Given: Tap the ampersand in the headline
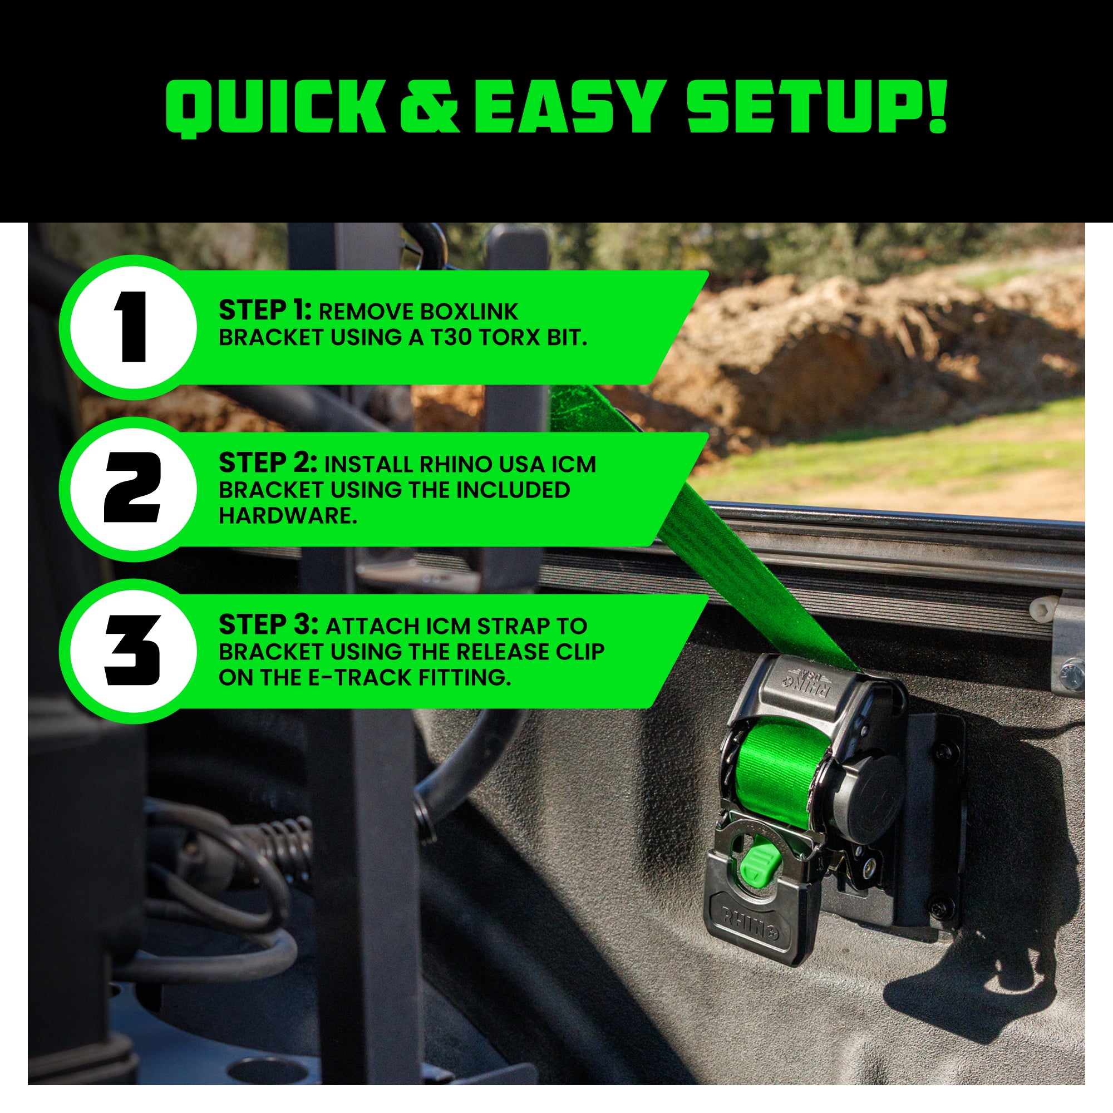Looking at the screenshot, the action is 429,107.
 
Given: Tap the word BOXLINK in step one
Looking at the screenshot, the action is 469,312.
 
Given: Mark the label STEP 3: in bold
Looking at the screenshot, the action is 268,625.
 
